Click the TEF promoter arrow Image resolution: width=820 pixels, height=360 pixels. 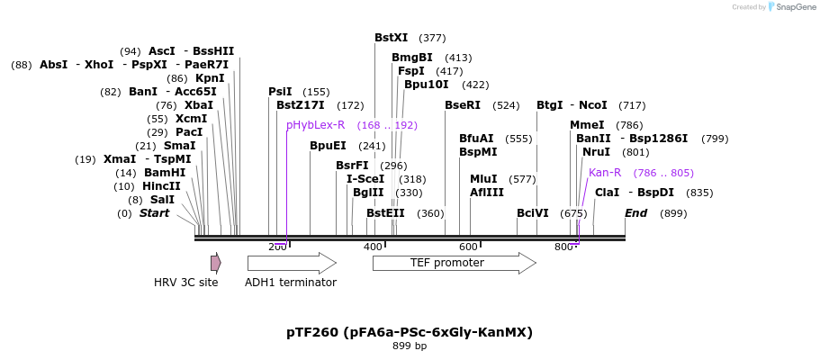[x=454, y=263]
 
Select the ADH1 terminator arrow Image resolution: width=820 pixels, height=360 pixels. [x=291, y=263]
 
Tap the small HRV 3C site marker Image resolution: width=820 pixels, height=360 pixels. [x=215, y=263]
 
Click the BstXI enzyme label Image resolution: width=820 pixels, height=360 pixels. [x=391, y=38]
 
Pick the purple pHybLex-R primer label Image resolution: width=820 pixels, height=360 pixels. [x=315, y=125]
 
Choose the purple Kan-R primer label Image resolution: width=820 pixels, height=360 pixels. [x=605, y=173]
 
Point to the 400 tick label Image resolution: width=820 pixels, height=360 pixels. [x=373, y=247]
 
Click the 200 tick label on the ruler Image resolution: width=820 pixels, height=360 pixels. [x=277, y=247]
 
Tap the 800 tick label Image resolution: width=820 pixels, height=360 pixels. [x=563, y=247]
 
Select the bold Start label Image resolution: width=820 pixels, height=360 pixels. [x=154, y=213]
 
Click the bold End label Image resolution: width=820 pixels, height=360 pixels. [x=635, y=213]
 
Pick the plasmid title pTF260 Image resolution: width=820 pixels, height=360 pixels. [x=410, y=332]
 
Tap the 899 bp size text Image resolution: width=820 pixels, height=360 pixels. [x=410, y=346]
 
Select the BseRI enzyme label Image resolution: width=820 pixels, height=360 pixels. [x=463, y=105]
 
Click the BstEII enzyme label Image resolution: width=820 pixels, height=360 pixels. [x=385, y=213]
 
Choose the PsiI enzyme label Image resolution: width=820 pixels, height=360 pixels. [x=280, y=92]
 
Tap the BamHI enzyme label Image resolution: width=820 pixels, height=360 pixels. [x=164, y=173]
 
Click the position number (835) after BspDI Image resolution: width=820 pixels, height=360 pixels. [x=699, y=193]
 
